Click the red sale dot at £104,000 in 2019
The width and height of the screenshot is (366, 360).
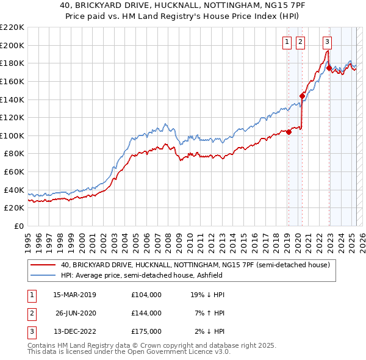click(x=289, y=132)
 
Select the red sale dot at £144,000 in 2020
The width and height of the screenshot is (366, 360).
click(x=302, y=96)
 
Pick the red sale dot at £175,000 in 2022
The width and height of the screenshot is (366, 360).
click(x=329, y=68)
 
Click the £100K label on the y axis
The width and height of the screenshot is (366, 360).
click(x=12, y=135)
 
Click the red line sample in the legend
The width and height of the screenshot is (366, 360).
click(x=43, y=265)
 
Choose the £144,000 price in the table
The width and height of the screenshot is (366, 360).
click(x=146, y=313)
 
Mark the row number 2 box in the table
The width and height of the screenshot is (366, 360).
click(x=30, y=313)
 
